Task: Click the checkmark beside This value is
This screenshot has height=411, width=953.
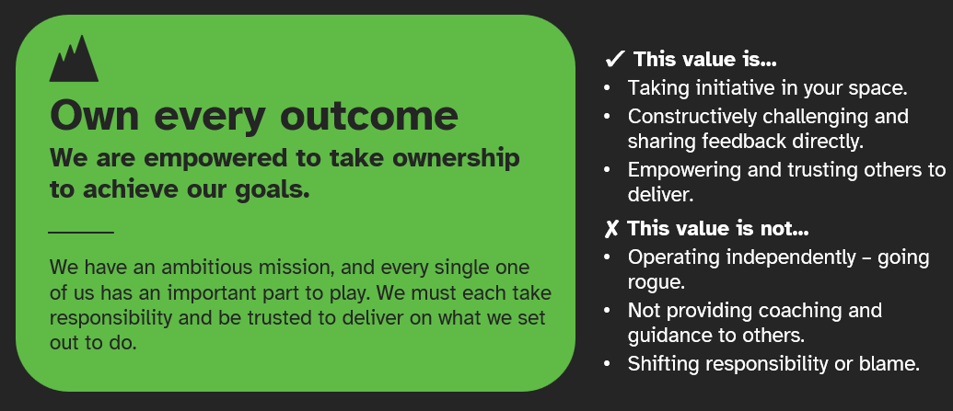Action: click(x=615, y=61)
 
